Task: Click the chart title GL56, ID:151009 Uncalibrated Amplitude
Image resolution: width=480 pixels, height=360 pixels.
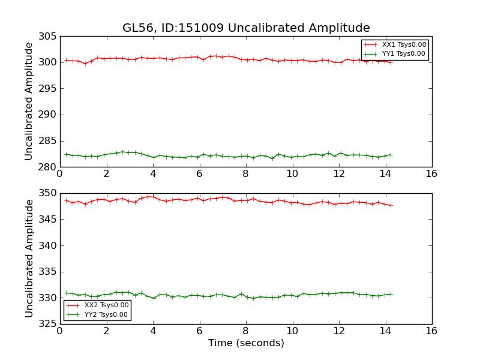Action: pyautogui.click(x=246, y=28)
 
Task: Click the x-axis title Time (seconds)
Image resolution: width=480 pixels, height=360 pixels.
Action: pyautogui.click(x=246, y=343)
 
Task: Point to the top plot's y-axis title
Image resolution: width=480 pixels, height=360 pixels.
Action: pyautogui.click(x=29, y=101)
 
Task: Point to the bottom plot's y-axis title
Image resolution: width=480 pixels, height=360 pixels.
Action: pyautogui.click(x=29, y=258)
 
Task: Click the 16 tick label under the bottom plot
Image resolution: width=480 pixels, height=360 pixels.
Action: pyautogui.click(x=431, y=331)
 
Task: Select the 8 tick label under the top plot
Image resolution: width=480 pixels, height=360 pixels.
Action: pyautogui.click(x=245, y=174)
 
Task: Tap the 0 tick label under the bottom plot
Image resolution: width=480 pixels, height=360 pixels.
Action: pyautogui.click(x=59, y=331)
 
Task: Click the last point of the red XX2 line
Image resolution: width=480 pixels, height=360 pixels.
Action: pyautogui.click(x=391, y=206)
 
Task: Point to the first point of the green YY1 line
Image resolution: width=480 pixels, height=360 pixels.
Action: pyautogui.click(x=66, y=154)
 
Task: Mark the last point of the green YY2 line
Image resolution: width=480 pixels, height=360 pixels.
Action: pyautogui.click(x=391, y=294)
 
